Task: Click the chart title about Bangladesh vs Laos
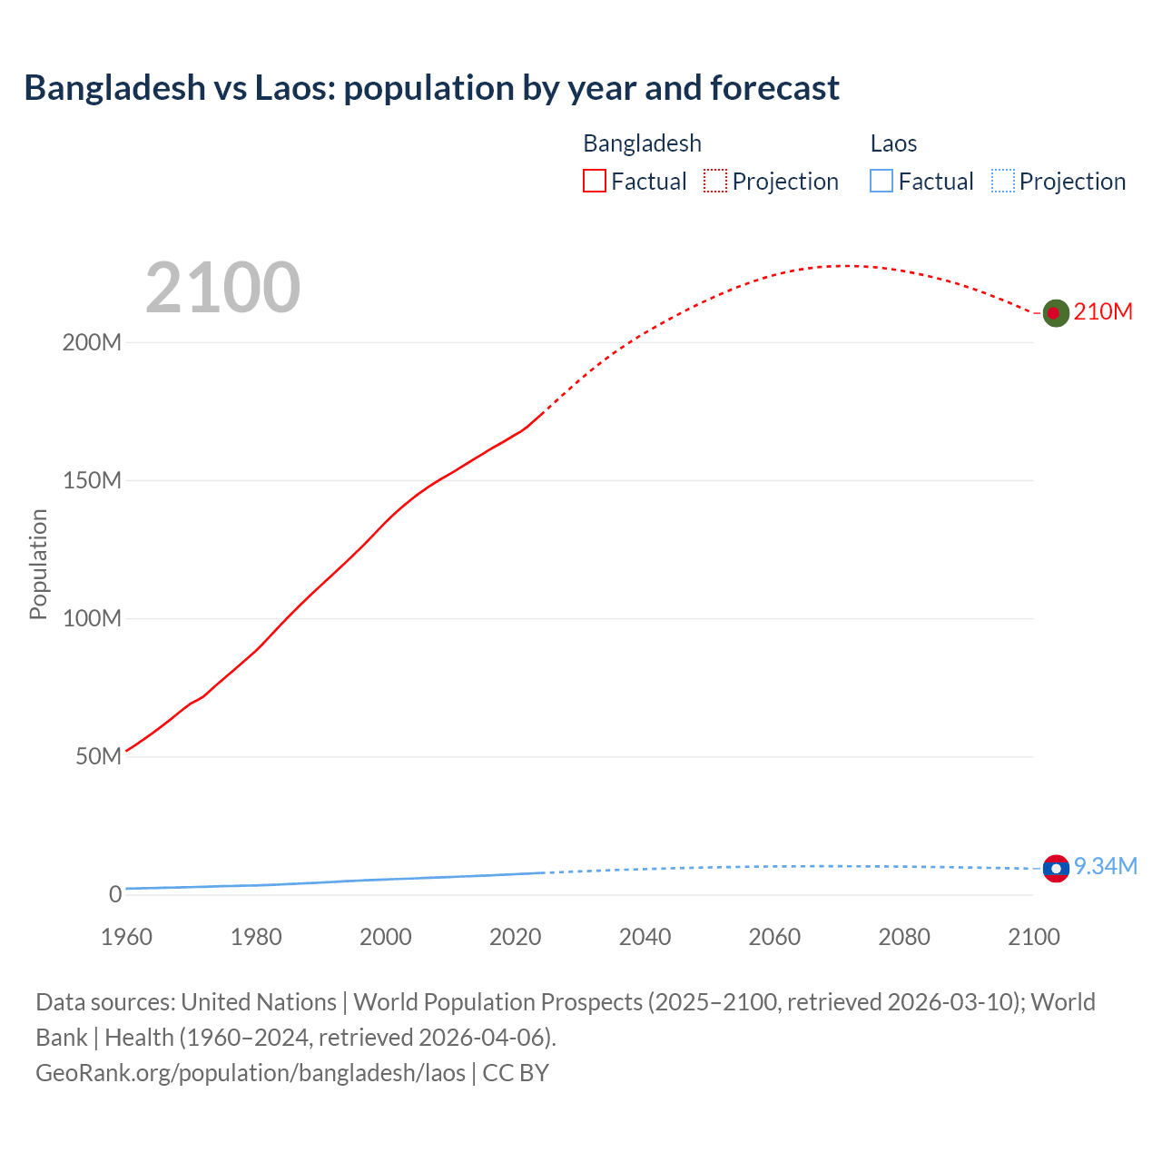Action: (x=431, y=88)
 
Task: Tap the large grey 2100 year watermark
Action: (x=222, y=288)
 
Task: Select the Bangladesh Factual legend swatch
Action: (x=594, y=182)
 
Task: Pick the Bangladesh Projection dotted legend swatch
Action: (x=715, y=182)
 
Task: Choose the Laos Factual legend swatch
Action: (x=881, y=182)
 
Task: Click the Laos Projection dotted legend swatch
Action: (x=1002, y=182)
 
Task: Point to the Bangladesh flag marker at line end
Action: (x=1055, y=313)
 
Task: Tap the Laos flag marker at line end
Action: (x=1056, y=869)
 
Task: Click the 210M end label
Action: (x=1103, y=312)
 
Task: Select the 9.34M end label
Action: (x=1106, y=867)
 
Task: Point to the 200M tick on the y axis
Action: (x=92, y=343)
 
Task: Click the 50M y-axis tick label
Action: (x=98, y=757)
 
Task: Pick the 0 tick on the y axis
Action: (x=115, y=895)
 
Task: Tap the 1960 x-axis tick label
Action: (x=126, y=937)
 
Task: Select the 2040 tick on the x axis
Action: (x=645, y=937)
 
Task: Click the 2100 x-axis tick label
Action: (x=1033, y=937)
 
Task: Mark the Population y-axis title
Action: (x=38, y=564)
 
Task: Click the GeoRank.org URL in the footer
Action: (x=251, y=1073)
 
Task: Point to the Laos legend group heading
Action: (x=893, y=143)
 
